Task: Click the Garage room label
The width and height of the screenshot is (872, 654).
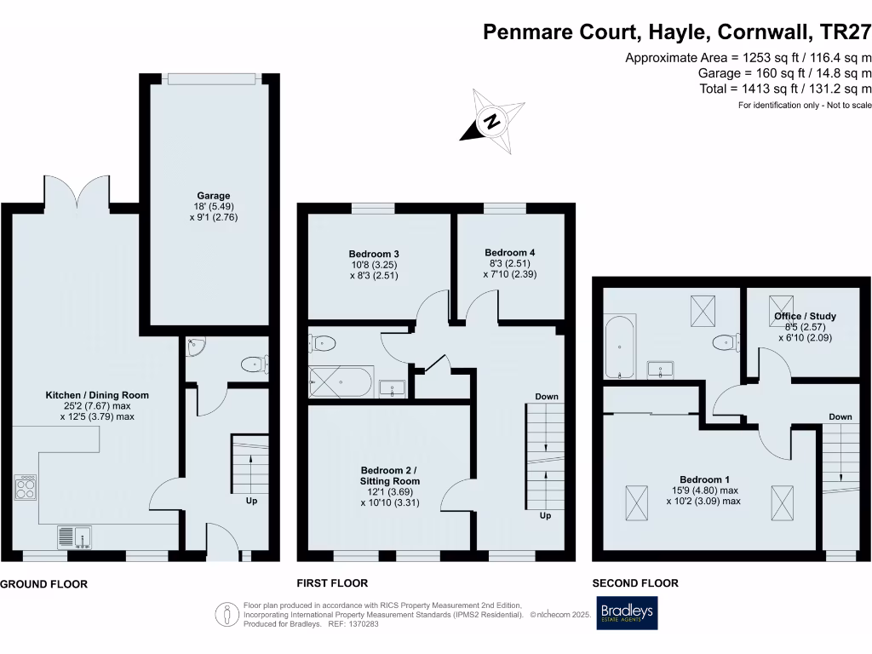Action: pos(210,195)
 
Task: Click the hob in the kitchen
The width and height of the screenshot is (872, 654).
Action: pos(26,487)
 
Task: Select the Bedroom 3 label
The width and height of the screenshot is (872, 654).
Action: pos(374,254)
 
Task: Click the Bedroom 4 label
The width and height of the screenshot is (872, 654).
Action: pos(510,252)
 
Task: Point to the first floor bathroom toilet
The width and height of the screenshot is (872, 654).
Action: pos(324,343)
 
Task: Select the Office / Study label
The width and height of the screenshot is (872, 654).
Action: pos(805,316)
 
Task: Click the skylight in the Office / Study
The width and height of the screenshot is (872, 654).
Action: pos(779,306)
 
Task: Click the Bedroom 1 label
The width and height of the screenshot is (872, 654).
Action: pos(703,479)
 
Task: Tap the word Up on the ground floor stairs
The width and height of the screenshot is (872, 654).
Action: pos(251,502)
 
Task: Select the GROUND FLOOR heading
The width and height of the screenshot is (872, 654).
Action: pos(43,584)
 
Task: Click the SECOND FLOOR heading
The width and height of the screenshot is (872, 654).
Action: pos(635,583)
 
